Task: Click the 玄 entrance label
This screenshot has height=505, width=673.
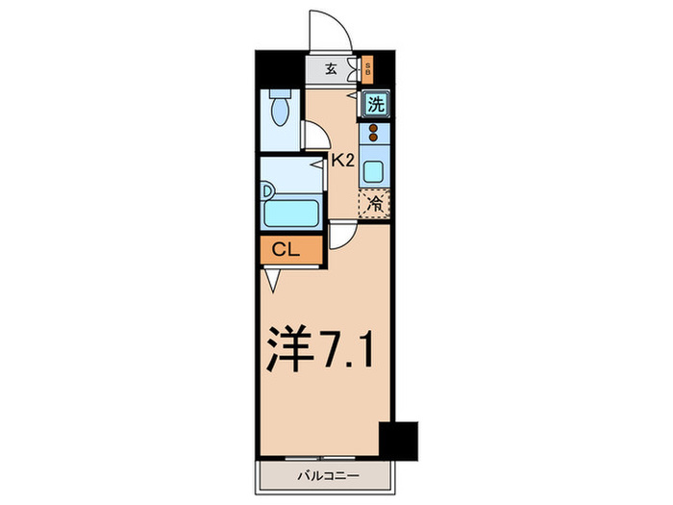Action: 330,69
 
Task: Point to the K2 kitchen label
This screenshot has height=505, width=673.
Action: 343,162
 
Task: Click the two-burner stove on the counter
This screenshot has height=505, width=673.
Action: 373,136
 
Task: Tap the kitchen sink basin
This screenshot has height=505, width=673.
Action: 373,173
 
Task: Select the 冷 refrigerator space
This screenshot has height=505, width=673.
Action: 376,204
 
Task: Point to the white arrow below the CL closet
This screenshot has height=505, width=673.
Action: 273,280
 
